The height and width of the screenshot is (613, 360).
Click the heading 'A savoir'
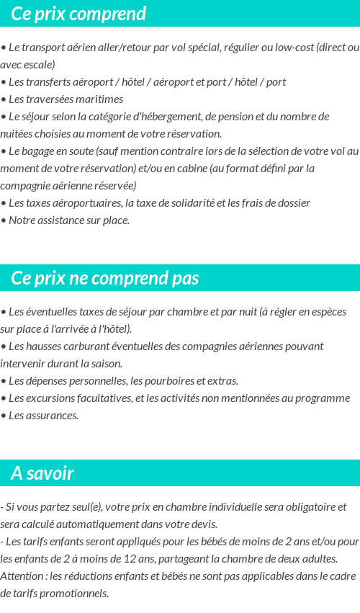click(x=42, y=473)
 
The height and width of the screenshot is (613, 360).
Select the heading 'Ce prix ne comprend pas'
click(x=105, y=278)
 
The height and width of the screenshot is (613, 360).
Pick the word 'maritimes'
click(x=100, y=99)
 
